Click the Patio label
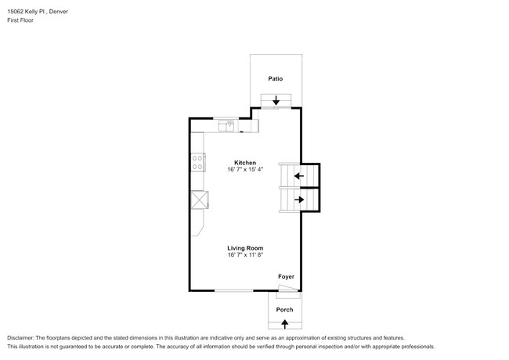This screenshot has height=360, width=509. (275, 79)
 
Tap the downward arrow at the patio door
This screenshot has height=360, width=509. (276, 100)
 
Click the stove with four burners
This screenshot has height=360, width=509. (198, 163)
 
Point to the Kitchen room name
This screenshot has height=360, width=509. (245, 163)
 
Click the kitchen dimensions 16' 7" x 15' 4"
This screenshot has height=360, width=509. (245, 170)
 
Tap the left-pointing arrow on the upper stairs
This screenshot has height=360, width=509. (298, 176)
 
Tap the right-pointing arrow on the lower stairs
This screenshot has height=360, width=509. (298, 200)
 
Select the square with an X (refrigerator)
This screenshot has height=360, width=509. (200, 200)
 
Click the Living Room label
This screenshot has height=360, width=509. (245, 248)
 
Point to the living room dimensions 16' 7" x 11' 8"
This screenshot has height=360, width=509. (245, 255)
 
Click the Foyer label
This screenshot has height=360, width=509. (287, 276)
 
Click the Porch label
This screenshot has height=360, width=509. (284, 310)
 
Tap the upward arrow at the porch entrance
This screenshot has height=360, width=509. (284, 322)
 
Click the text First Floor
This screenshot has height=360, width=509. (20, 20)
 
